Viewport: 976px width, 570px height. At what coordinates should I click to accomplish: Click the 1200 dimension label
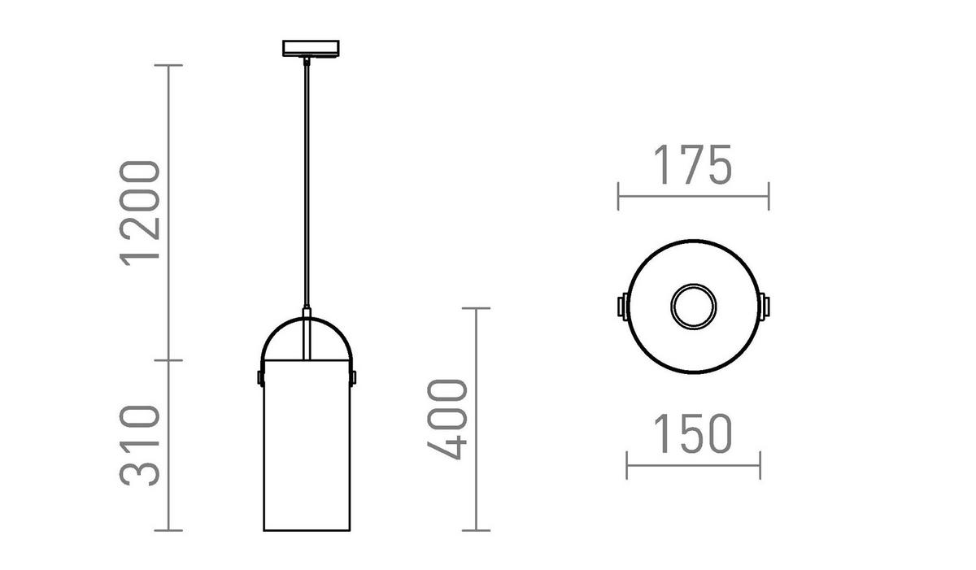139,213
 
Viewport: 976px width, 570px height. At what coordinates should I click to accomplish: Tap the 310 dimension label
139,446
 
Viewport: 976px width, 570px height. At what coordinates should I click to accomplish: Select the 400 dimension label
447,420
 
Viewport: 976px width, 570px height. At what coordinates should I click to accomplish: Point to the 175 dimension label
693,164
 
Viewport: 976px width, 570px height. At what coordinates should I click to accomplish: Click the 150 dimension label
693,433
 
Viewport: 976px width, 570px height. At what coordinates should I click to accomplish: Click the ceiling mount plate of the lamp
311,48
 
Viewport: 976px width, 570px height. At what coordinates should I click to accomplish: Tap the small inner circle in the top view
693,307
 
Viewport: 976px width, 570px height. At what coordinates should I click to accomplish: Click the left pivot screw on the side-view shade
260,377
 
